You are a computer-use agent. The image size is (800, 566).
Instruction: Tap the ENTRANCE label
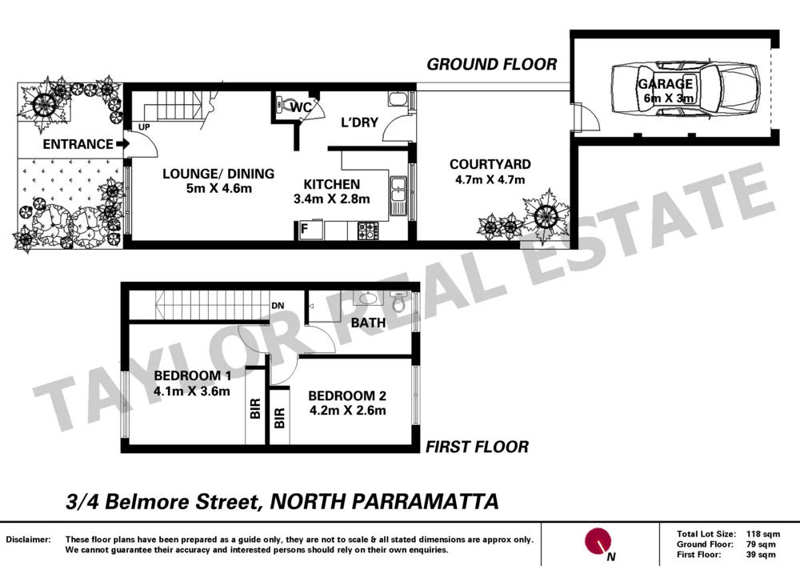[78, 144]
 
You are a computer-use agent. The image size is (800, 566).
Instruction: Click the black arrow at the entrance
[122, 144]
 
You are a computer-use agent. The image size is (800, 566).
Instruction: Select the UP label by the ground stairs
[144, 126]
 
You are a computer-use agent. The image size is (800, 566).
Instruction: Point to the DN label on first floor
[278, 306]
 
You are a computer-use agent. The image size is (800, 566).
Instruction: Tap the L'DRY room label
[359, 125]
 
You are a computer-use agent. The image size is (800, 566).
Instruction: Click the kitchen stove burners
[368, 231]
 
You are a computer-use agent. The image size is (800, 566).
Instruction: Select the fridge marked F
[304, 231]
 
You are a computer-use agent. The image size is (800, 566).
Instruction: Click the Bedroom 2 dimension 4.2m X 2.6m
[347, 411]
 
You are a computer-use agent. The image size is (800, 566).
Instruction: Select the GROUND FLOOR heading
[491, 64]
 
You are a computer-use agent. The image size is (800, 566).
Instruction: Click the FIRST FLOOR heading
[477, 447]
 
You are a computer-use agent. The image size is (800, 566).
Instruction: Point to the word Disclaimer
[29, 540]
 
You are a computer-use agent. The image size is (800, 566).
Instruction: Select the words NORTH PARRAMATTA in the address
[384, 502]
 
